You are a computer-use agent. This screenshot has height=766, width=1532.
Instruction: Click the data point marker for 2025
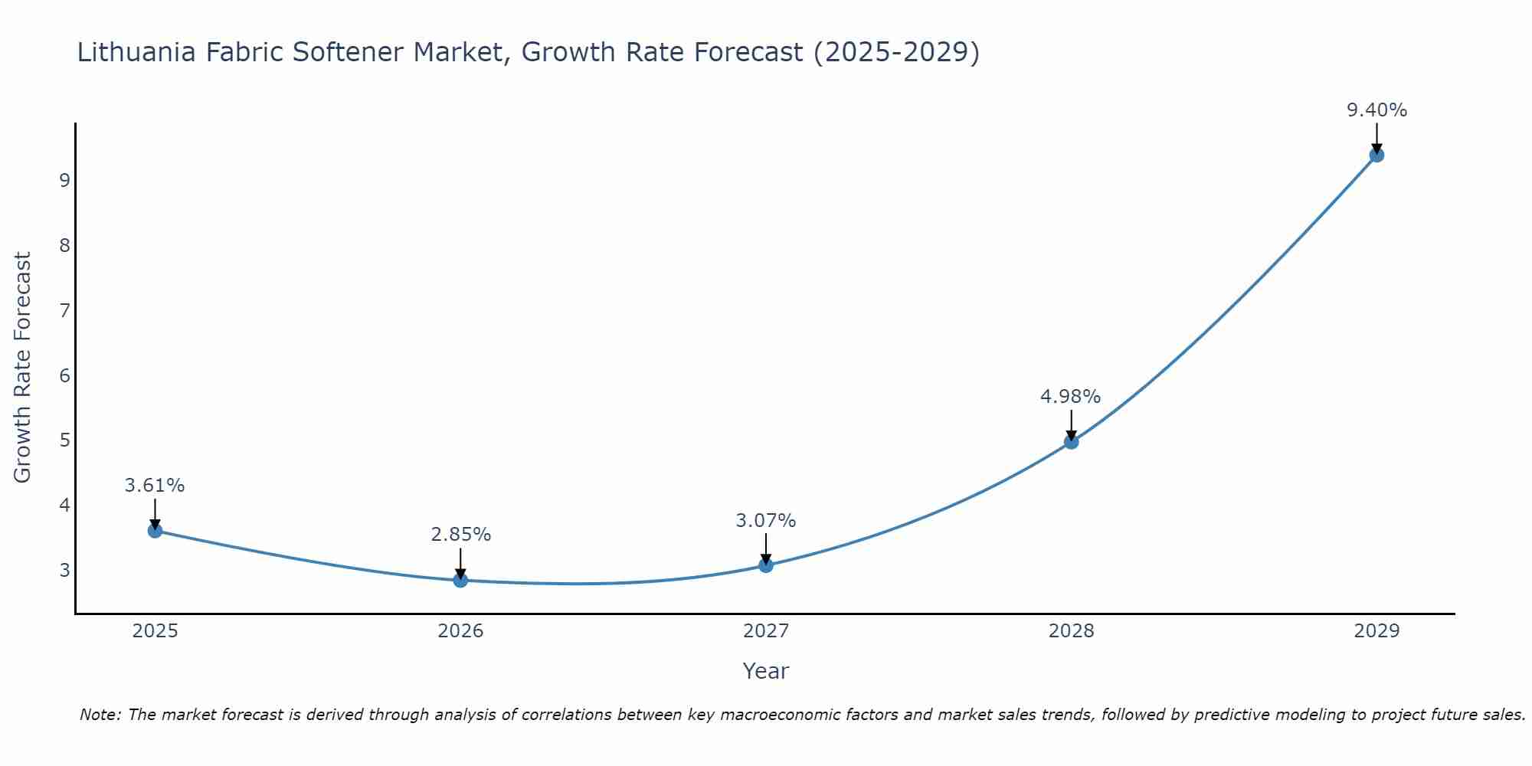click(155, 530)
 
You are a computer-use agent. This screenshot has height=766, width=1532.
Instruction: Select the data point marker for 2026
click(460, 580)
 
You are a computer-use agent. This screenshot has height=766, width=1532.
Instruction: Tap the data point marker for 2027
click(766, 565)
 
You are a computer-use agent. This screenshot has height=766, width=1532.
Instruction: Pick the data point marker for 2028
click(1071, 441)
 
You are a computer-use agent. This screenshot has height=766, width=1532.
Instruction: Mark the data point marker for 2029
click(1377, 155)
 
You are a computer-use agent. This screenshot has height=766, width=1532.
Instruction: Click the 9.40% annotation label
click(1377, 110)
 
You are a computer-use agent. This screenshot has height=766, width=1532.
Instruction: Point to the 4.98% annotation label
click(1070, 397)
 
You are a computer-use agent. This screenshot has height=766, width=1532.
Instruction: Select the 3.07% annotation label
click(765, 521)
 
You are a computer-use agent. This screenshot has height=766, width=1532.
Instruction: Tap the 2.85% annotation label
click(460, 535)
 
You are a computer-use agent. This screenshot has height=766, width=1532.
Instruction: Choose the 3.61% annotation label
click(155, 486)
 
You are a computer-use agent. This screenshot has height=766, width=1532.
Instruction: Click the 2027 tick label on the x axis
click(766, 631)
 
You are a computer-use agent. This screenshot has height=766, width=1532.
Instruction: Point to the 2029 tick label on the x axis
click(1377, 631)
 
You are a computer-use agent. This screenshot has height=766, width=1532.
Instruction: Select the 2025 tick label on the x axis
click(155, 631)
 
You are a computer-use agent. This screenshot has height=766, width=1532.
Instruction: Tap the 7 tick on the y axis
click(64, 310)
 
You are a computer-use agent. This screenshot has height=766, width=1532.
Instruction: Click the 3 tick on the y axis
click(64, 570)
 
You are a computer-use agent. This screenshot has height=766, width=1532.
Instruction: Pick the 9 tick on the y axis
click(64, 180)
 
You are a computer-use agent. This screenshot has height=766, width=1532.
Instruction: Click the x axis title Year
click(765, 671)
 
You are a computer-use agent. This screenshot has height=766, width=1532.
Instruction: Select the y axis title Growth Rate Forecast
click(23, 368)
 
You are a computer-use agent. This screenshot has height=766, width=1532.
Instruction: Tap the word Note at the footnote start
click(100, 715)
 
